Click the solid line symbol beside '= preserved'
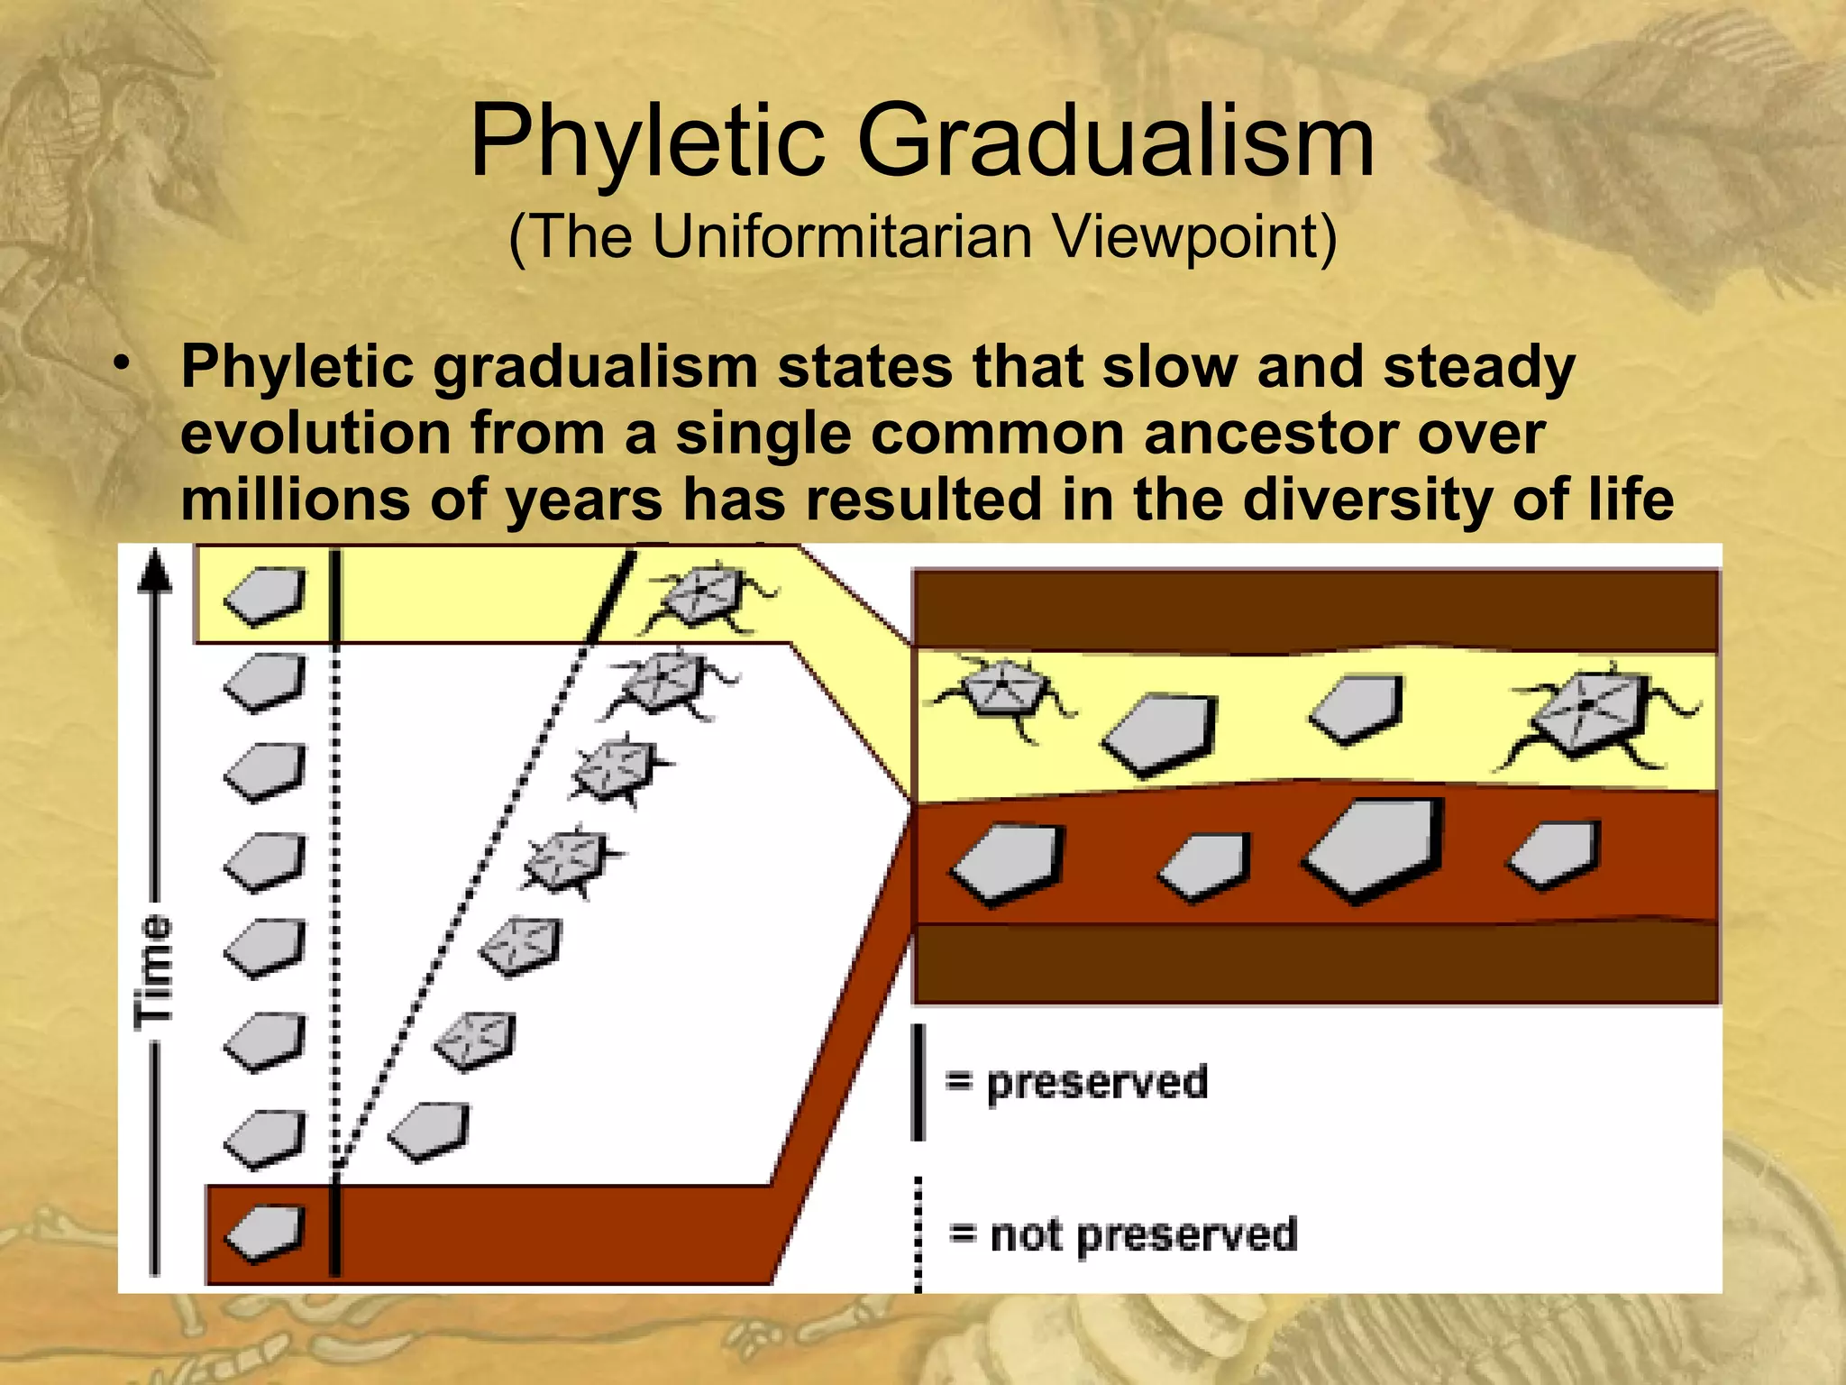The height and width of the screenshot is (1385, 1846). tap(918, 1082)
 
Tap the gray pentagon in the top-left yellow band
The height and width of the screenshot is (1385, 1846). tap(265, 594)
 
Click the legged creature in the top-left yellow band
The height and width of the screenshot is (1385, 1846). tap(708, 597)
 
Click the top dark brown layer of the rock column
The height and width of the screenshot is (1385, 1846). tap(1316, 610)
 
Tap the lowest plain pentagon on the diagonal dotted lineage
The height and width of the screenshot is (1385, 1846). tap(431, 1132)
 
